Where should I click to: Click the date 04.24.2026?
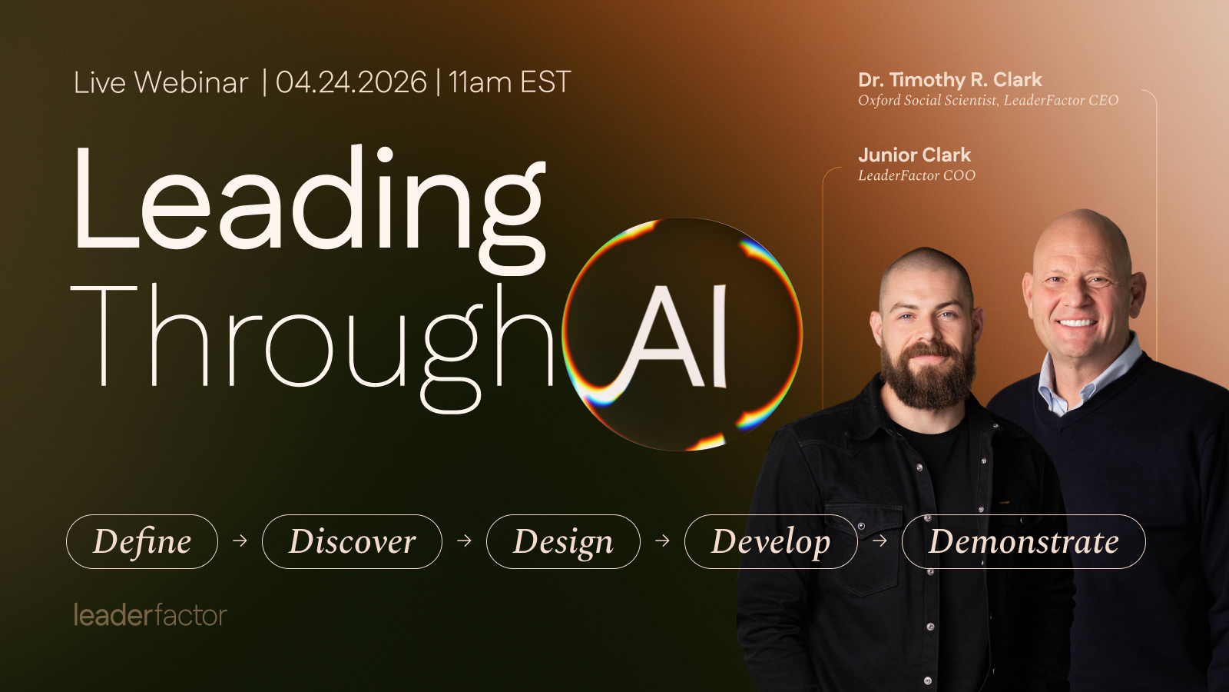coord(351,82)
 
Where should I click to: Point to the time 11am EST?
coord(509,82)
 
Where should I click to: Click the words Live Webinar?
coord(161,82)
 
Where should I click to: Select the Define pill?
coord(142,541)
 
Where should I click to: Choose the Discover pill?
coord(352,541)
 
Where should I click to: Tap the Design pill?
coord(563,541)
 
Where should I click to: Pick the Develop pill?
coord(770,541)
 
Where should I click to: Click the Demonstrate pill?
coord(1023,541)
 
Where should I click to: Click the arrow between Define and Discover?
coord(240,541)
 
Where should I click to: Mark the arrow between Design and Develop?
coord(662,541)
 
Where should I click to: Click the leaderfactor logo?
coord(150,615)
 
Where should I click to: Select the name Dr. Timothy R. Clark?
coord(949,80)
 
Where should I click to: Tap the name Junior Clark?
coord(914,155)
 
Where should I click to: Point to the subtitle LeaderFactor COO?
coord(916,175)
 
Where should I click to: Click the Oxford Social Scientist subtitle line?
coord(988,100)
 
